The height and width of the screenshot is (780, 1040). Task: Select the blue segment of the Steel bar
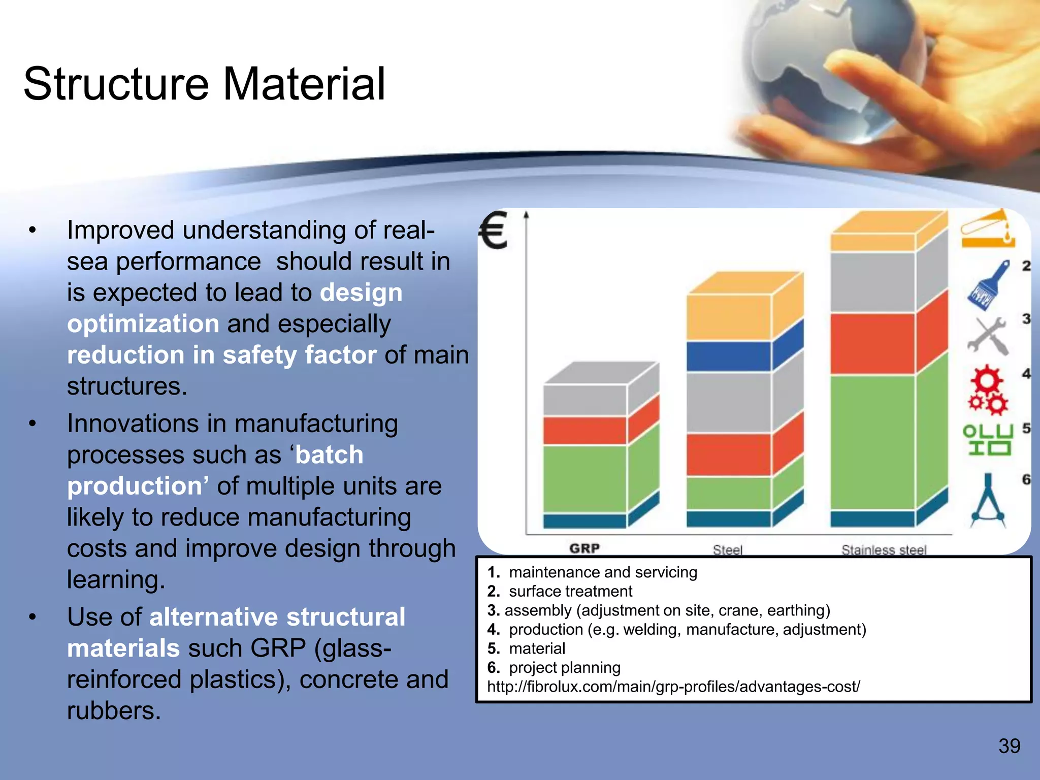click(x=728, y=356)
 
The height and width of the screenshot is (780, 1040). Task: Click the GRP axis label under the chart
click(x=584, y=548)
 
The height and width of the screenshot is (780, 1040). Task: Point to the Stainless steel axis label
click(x=884, y=550)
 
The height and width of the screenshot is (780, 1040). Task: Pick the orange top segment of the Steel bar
click(x=728, y=316)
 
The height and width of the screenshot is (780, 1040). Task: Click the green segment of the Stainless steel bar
click(x=872, y=442)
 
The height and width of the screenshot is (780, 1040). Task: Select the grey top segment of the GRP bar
click(x=585, y=400)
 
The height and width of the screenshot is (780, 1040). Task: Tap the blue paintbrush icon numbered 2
click(x=988, y=285)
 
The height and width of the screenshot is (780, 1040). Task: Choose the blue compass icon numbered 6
click(x=988, y=501)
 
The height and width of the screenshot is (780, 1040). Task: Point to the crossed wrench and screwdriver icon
click(x=987, y=336)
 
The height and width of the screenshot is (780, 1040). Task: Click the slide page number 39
click(x=1009, y=746)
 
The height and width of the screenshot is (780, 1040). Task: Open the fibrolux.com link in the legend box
click(x=673, y=687)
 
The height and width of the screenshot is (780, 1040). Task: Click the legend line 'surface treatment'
click(x=570, y=591)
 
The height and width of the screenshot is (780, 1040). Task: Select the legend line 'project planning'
click(x=564, y=667)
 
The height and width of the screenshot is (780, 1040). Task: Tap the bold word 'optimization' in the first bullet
click(x=143, y=324)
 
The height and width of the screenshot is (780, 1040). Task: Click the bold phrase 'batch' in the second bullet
click(x=330, y=455)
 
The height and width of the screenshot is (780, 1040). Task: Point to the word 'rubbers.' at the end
click(x=114, y=711)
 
